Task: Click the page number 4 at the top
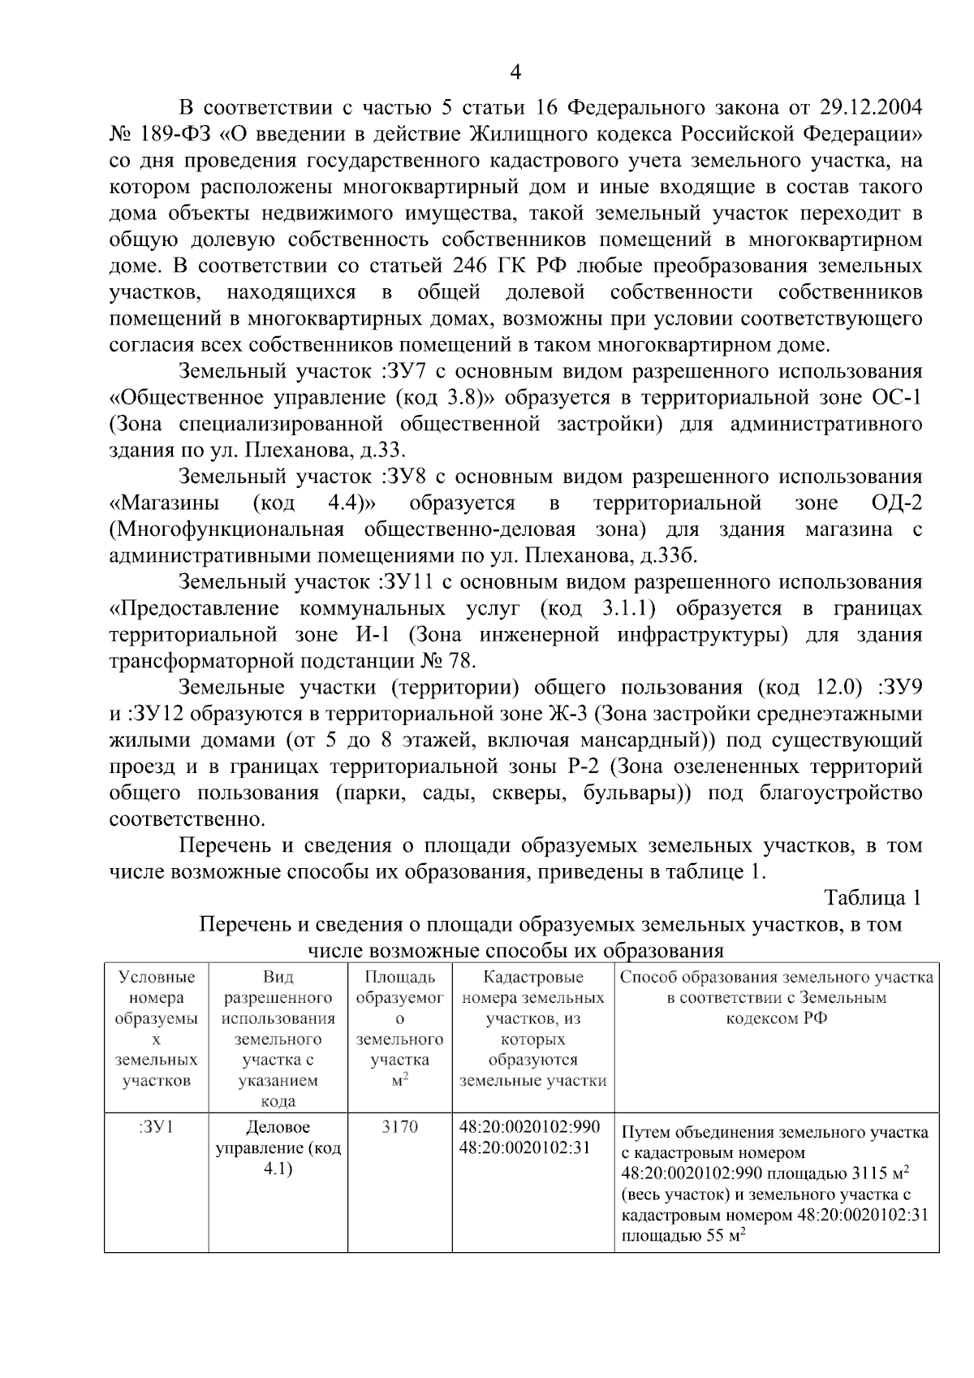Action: click(515, 73)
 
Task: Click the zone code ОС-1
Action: click(896, 398)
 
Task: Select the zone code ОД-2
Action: click(896, 503)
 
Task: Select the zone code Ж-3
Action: click(565, 715)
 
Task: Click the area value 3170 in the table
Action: click(399, 1128)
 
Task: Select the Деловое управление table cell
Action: click(278, 1148)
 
